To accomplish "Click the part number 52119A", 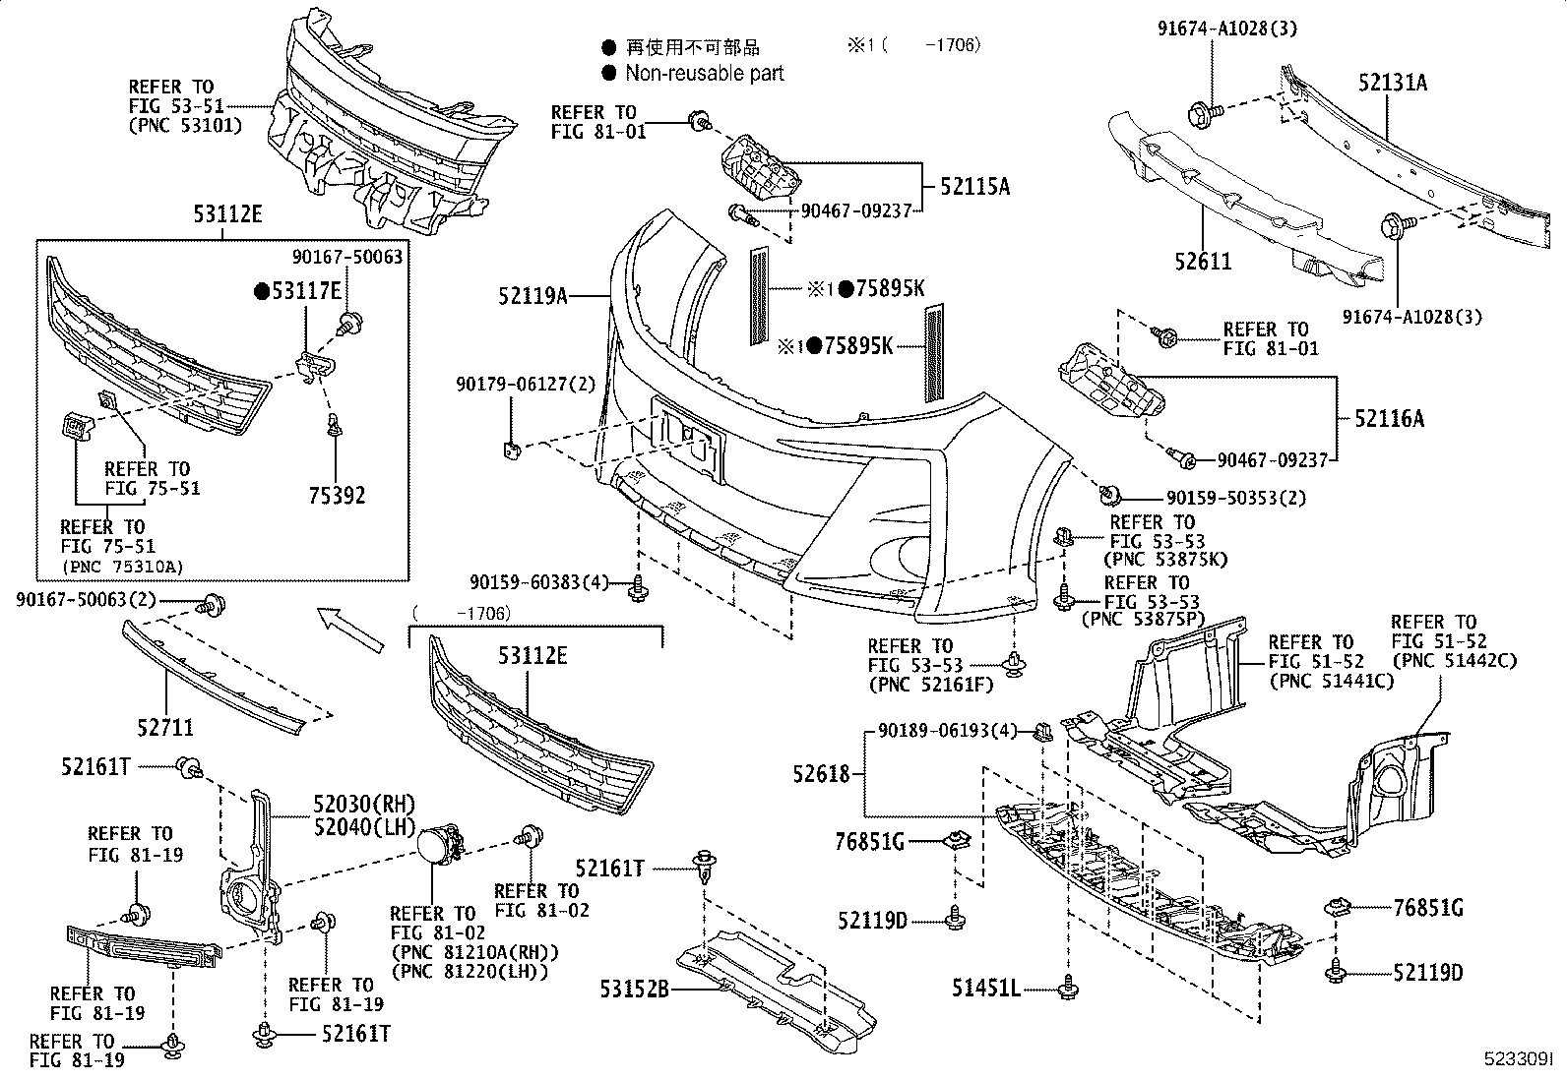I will click(533, 294).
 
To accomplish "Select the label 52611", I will click(1202, 262).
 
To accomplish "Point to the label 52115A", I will click(974, 186).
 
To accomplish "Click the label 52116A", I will click(1389, 419).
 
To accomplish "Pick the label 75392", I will click(337, 495).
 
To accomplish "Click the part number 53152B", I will click(635, 989).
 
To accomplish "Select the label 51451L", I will click(985, 987).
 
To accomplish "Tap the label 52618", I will click(821, 774).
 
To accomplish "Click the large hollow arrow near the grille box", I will click(349, 630).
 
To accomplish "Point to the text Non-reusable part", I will click(704, 73).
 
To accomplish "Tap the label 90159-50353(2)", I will click(1236, 498).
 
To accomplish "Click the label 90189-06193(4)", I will click(947, 731).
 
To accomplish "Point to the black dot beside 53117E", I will click(261, 290).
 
